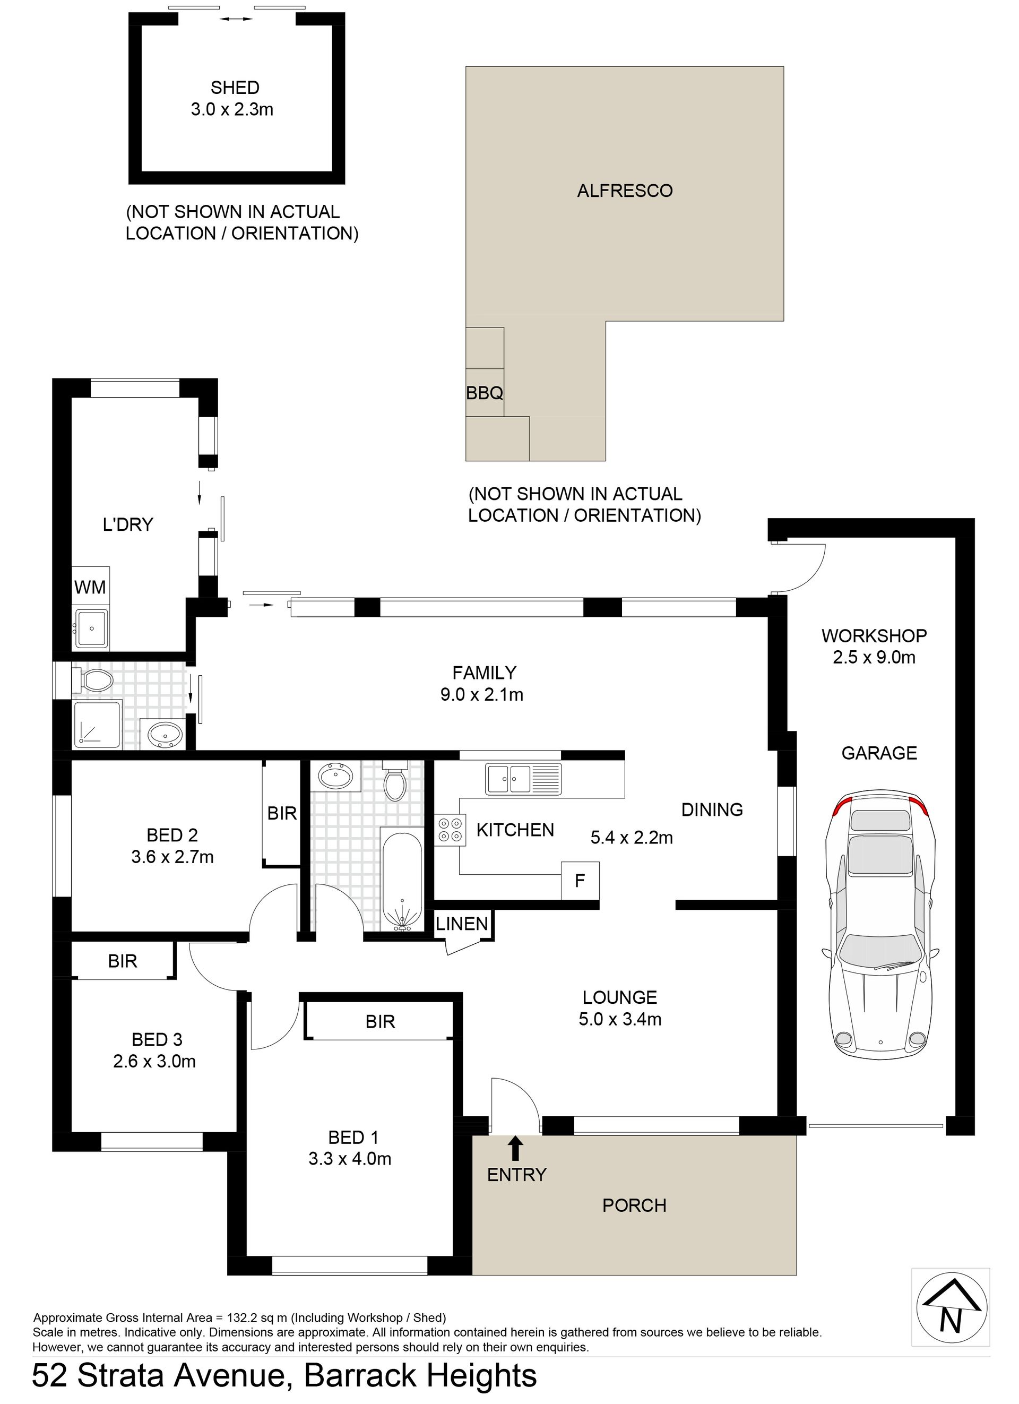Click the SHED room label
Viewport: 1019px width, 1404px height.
(x=235, y=88)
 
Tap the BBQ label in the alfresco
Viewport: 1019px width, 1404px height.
(x=484, y=392)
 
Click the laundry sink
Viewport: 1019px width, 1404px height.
(x=92, y=628)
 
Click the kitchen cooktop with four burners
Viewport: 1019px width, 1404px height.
(x=450, y=830)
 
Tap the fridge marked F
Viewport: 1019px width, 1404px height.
(x=580, y=880)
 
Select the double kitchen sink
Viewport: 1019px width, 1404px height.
(x=524, y=778)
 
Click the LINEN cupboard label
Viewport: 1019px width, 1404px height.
(x=462, y=924)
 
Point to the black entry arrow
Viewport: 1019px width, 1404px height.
(x=515, y=1148)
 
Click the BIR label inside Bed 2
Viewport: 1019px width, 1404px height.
(x=282, y=813)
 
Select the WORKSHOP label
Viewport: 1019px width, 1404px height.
(x=874, y=636)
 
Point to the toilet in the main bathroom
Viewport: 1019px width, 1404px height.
(x=394, y=781)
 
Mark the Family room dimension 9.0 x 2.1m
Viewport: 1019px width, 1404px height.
(x=482, y=695)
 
